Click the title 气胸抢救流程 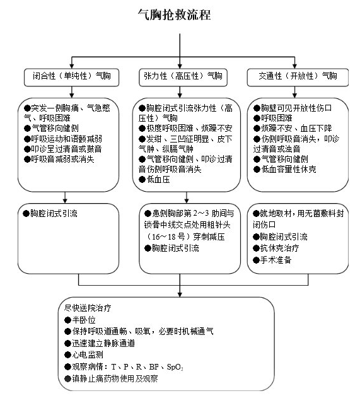(x=174, y=15)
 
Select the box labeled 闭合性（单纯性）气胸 (x=71, y=78)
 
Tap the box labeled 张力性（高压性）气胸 (x=183, y=78)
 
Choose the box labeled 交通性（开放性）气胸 (x=298, y=78)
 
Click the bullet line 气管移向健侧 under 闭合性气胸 (x=51, y=129)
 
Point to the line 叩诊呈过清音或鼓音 (x=62, y=149)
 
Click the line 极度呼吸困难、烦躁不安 (x=185, y=129)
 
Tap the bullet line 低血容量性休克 (x=284, y=170)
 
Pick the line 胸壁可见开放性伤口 (x=293, y=108)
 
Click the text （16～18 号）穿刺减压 (x=185, y=237)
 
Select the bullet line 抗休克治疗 (x=276, y=248)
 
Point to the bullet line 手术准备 (x=272, y=260)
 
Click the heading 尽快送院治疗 (x=88, y=308)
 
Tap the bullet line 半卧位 (x=80, y=320)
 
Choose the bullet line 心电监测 (x=84, y=355)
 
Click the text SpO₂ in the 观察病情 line (x=175, y=367)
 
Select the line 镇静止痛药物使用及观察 (x=111, y=379)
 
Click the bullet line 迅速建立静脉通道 (x=100, y=343)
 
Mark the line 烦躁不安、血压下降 (x=293, y=129)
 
